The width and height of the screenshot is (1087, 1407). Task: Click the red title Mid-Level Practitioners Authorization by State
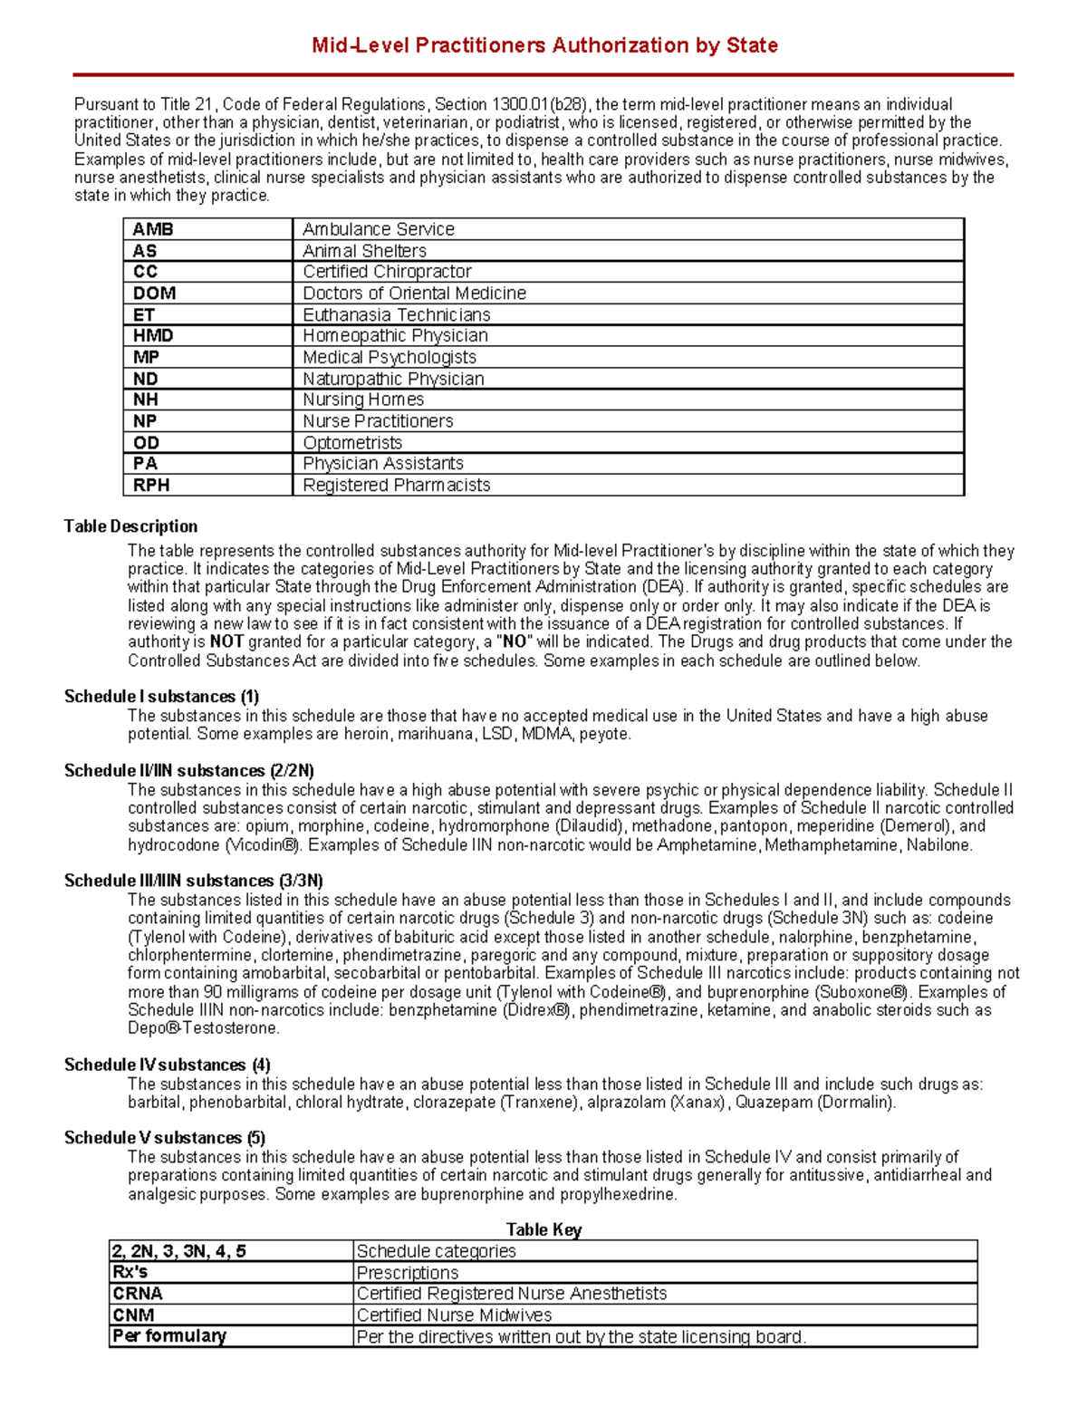[543, 45]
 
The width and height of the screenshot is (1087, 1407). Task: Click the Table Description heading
[130, 526]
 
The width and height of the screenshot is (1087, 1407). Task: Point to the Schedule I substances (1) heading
[161, 697]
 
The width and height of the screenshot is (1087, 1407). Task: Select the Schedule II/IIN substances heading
[188, 771]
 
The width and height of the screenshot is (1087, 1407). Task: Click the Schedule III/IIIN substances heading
[193, 881]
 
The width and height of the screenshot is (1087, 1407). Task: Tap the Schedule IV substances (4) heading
[167, 1065]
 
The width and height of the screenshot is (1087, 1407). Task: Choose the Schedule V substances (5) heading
[164, 1138]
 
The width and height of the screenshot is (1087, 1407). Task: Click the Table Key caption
[543, 1229]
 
